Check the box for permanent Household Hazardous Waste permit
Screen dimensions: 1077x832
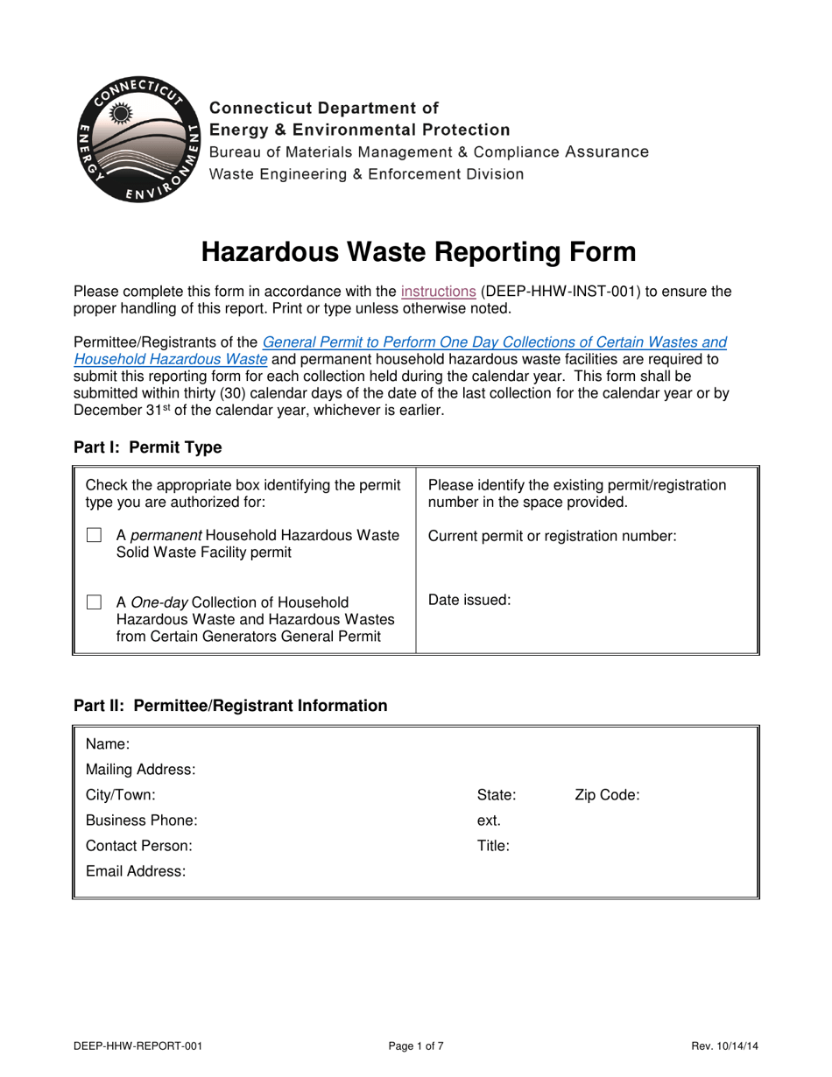click(94, 536)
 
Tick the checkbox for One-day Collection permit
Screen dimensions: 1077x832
click(94, 602)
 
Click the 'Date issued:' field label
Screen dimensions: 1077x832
click(469, 601)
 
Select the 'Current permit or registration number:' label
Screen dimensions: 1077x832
click(552, 536)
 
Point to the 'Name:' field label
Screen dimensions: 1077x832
click(108, 744)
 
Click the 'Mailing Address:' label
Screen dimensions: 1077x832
click(140, 770)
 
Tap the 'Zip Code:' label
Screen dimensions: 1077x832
click(607, 795)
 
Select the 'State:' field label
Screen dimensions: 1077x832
click(496, 795)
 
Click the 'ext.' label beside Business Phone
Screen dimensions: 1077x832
click(489, 820)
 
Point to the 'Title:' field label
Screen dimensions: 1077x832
click(493, 846)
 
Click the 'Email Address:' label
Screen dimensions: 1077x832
click(136, 871)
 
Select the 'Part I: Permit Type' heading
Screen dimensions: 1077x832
click(147, 447)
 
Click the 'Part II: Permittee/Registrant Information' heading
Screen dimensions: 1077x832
click(229, 705)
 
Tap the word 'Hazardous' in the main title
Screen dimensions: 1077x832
click(265, 252)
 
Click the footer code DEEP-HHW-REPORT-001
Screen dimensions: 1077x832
click(141, 1045)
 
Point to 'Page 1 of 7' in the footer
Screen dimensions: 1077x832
click(416, 1045)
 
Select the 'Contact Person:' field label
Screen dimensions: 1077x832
click(138, 846)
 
